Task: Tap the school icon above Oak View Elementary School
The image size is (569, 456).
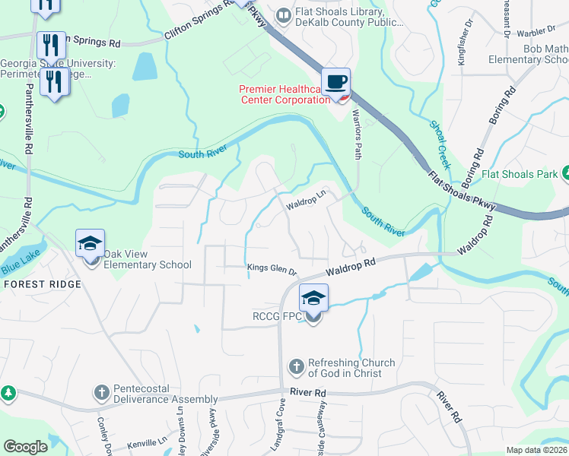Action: (x=90, y=244)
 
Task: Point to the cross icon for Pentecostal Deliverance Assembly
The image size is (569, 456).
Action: (x=101, y=393)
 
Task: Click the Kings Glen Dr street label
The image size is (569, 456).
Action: (x=272, y=267)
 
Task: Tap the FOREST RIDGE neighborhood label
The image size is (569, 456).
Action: (x=42, y=283)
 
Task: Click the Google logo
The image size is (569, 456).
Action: (x=26, y=447)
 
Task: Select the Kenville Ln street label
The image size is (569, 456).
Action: (x=147, y=442)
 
